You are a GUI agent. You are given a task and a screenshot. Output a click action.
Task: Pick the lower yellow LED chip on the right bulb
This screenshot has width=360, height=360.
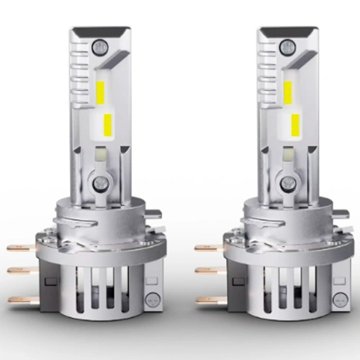click(x=295, y=123)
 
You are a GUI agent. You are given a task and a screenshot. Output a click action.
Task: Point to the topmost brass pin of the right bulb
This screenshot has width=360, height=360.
click(x=209, y=248)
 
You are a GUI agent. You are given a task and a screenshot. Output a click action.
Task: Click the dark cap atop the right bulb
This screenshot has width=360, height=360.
click(x=289, y=33)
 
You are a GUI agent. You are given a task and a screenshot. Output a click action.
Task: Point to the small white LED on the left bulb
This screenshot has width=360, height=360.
click(x=100, y=153)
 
